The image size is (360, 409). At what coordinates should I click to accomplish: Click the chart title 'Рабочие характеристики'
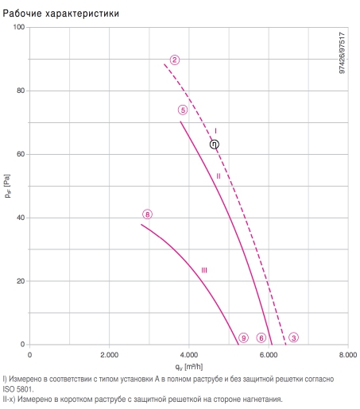coord(60,14)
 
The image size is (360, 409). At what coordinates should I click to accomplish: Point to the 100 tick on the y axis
coord(19,27)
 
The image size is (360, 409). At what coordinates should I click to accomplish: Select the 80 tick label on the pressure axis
coord(21,91)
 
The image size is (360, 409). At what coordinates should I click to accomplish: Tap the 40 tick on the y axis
coord(21,218)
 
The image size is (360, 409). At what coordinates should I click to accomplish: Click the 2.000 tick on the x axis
coord(109,355)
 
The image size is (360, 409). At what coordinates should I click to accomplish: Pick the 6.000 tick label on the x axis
coord(269,355)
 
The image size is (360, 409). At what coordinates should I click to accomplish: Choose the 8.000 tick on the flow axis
coord(348,355)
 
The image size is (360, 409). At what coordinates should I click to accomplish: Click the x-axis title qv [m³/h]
coord(189,367)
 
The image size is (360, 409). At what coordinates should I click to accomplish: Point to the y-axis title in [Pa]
coord(7,186)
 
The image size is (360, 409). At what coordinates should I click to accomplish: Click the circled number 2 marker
coord(175,60)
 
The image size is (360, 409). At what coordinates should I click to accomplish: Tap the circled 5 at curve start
coord(183,110)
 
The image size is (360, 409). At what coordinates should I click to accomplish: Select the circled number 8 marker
coord(148,214)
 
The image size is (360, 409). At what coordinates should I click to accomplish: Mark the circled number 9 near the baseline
coord(243,338)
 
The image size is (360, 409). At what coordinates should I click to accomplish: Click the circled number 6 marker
coord(261,338)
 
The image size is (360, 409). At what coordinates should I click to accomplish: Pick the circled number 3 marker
coord(294,338)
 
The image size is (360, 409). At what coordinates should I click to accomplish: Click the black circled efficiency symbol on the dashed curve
coord(215,145)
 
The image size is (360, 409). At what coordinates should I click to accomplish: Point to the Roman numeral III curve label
coord(204,270)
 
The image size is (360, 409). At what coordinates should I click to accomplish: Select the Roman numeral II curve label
coord(219,176)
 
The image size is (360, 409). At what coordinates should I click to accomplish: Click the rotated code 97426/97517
coord(343,53)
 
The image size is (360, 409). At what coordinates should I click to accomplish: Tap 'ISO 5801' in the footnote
coord(18,389)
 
